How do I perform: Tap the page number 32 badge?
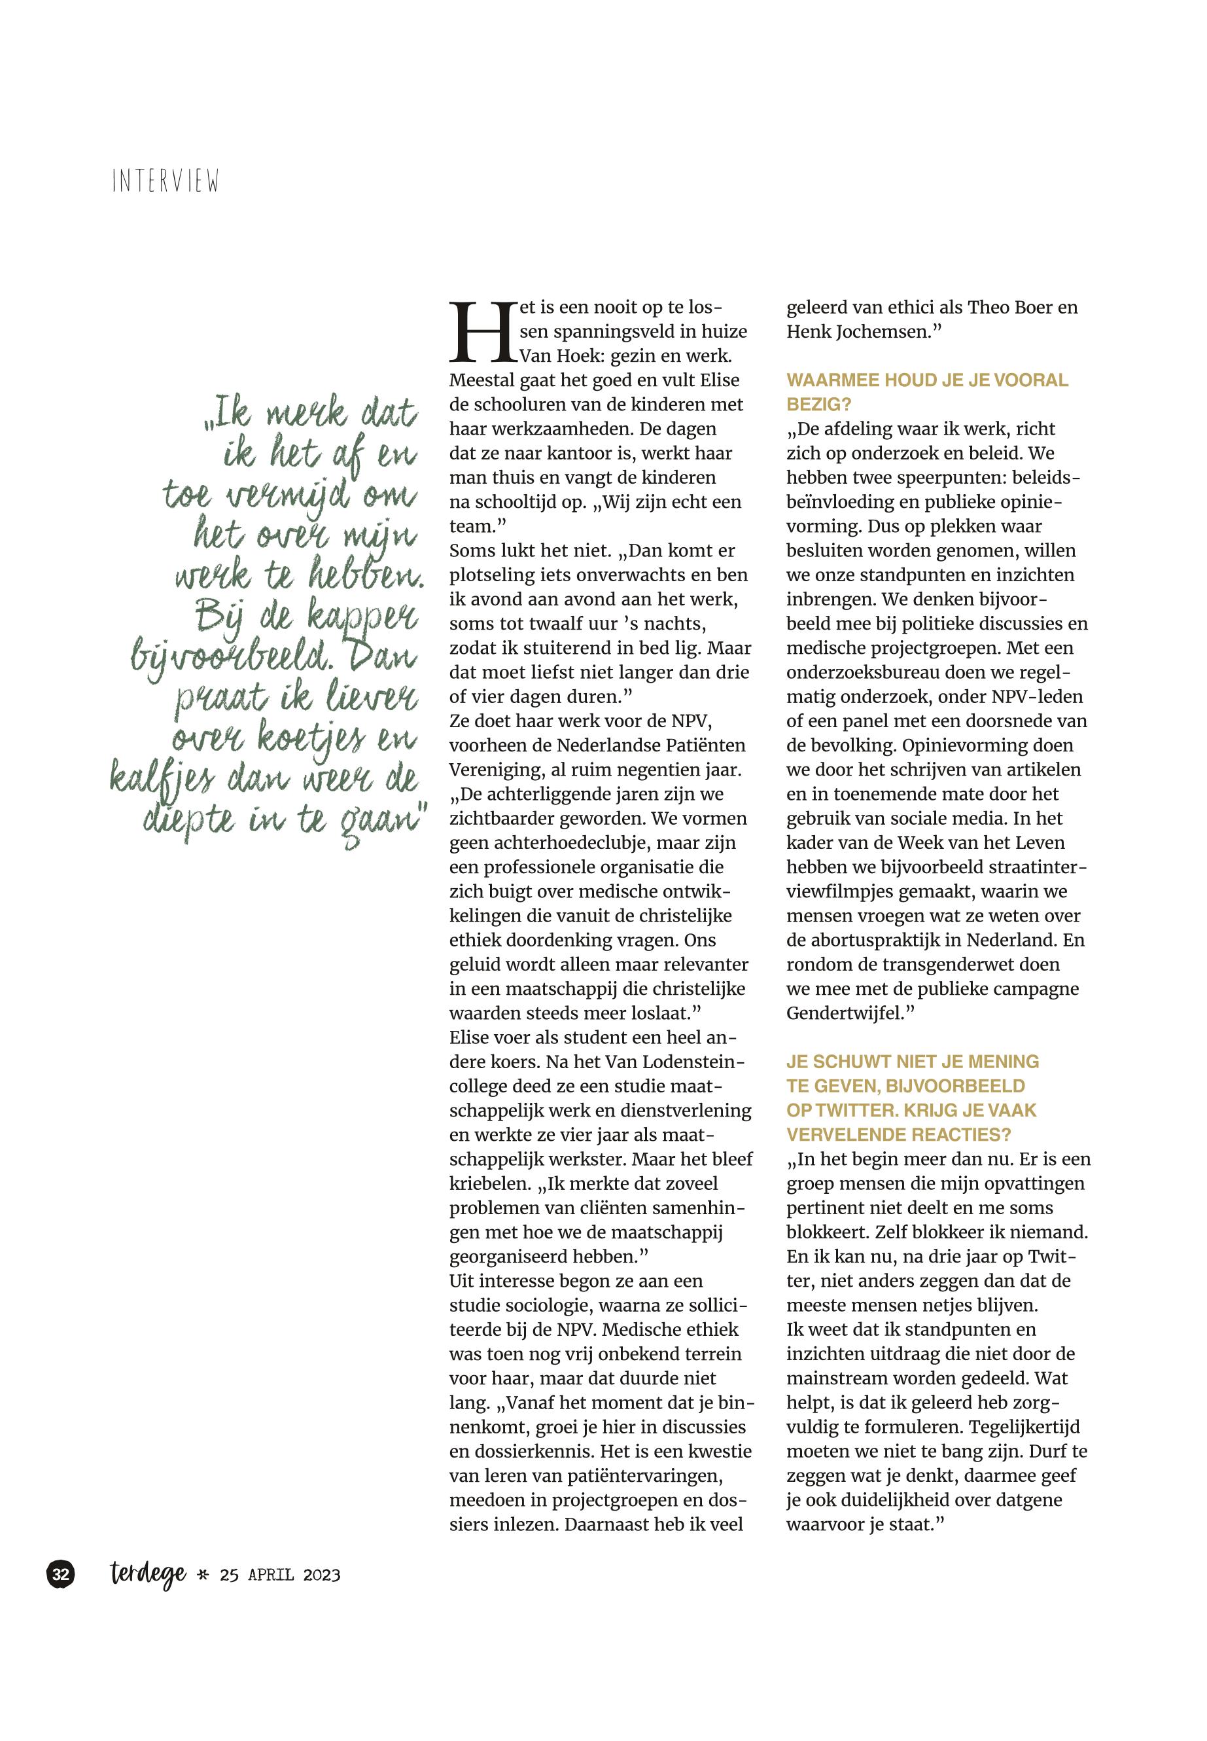61,1575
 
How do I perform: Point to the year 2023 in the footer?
321,1575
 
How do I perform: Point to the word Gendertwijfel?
845,1013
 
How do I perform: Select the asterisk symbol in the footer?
202,1576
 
